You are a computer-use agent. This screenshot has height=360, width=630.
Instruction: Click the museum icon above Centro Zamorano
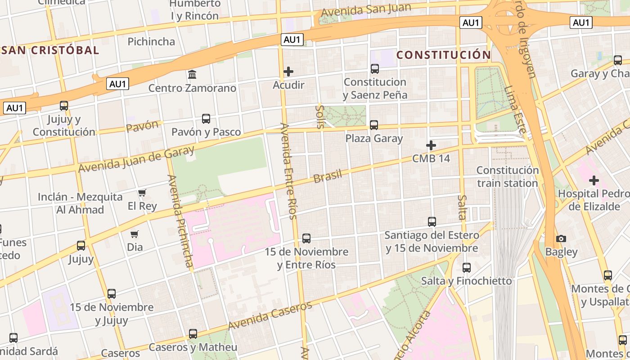pos(192,74)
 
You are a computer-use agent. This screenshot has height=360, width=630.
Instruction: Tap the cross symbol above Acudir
pos(288,72)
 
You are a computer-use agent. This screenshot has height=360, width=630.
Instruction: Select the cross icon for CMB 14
pos(431,145)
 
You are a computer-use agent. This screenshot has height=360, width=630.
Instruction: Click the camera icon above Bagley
pos(561,238)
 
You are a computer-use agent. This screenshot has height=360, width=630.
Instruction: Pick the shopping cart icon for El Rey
pos(142,193)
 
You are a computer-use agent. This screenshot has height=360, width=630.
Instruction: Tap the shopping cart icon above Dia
pos(135,234)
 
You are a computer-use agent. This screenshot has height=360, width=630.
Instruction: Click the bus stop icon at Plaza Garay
pos(374,125)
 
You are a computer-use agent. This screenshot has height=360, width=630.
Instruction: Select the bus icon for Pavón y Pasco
pos(206,119)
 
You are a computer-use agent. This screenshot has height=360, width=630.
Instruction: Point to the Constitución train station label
pos(508,177)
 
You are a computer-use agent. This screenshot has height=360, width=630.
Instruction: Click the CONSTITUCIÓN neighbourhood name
pos(444,55)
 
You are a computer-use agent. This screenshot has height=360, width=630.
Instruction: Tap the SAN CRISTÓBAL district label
pos(49,50)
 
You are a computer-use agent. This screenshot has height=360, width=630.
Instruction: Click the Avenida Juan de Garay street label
pos(136,159)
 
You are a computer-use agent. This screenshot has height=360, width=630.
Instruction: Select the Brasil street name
pos(328,176)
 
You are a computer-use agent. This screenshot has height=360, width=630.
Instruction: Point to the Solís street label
pos(320,117)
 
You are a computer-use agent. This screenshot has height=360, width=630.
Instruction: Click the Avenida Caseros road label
pos(270,315)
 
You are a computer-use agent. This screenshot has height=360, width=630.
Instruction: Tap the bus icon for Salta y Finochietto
pos(467,268)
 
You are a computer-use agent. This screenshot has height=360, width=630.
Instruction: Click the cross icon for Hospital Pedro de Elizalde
pos(594,180)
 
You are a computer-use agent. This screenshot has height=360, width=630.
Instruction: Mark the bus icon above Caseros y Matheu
pos(193,334)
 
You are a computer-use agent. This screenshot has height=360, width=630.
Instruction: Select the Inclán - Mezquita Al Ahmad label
pos(80,203)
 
